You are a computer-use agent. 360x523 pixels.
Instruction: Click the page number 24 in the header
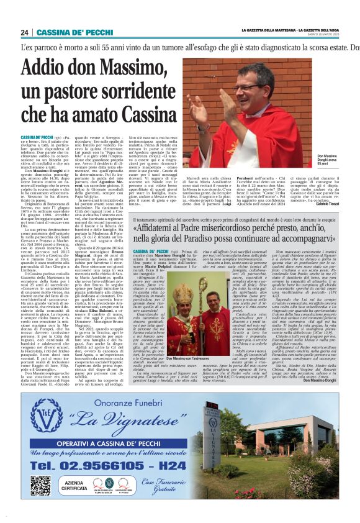pyautogui.click(x=25, y=32)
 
